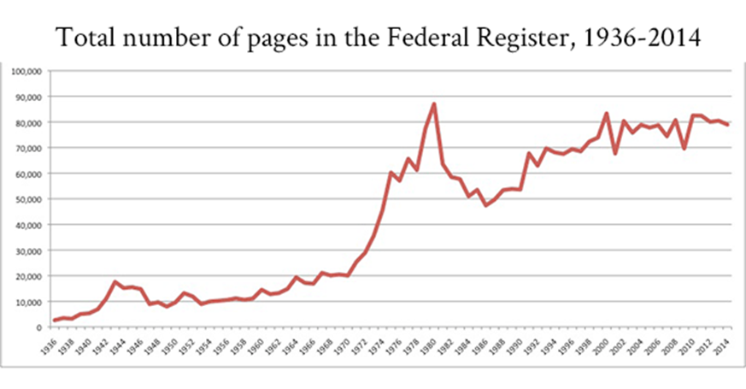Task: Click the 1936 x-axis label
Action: [54, 346]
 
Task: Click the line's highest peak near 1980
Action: [435, 103]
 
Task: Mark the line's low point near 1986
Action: [486, 205]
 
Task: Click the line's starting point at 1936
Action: [55, 321]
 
